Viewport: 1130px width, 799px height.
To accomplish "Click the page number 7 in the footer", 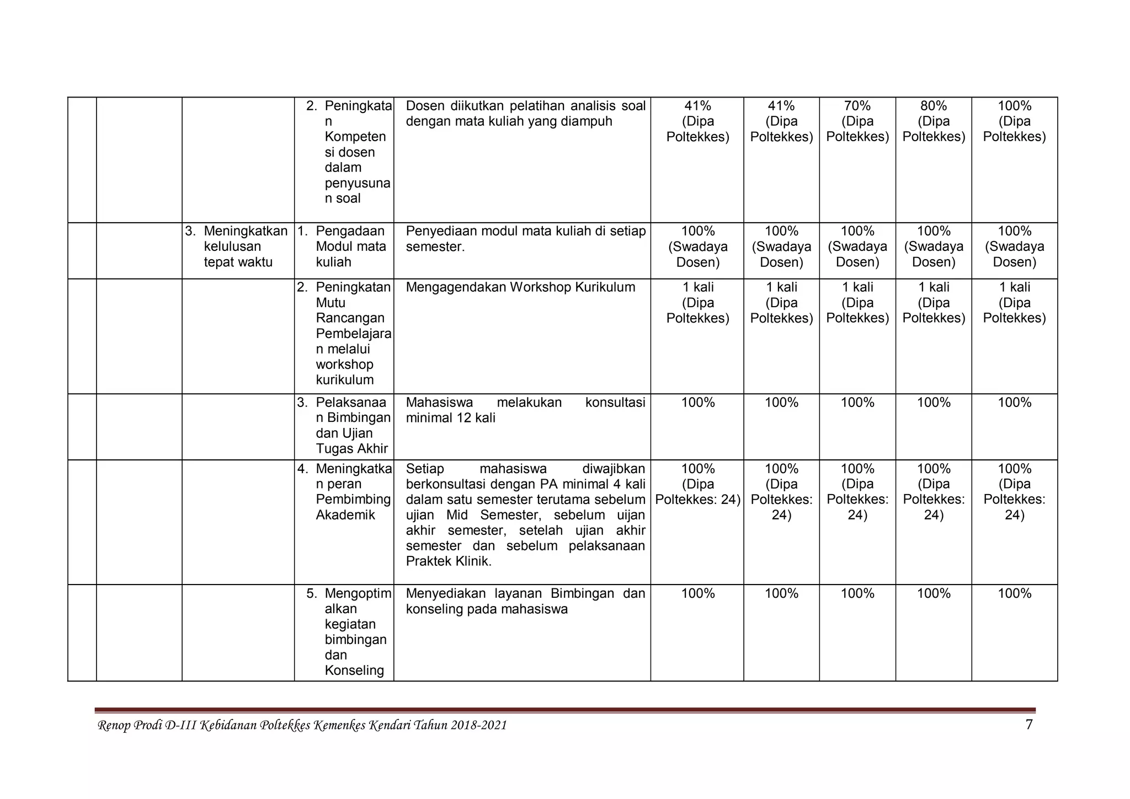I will pos(1028,725).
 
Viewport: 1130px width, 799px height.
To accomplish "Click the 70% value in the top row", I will pos(857,106).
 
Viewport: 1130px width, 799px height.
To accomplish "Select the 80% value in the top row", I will pos(933,106).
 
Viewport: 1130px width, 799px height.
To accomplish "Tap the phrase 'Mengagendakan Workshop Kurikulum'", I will pos(520,287).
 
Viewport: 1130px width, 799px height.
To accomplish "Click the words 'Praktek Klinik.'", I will pos(448,561).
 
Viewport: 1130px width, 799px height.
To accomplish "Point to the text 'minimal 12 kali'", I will pos(450,418).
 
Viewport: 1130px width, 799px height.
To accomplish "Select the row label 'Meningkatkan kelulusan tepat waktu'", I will pos(238,246).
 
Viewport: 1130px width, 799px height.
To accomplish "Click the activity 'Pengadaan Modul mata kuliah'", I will pos(350,246).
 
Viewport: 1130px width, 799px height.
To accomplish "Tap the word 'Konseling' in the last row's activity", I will pos(354,671).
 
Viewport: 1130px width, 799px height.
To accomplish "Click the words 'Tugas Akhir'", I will pos(351,449).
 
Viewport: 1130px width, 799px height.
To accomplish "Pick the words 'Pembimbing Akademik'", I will pos(353,507).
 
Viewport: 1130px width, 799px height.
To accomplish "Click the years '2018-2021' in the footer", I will pos(478,726).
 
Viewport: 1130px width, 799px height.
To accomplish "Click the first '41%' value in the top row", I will pos(697,106).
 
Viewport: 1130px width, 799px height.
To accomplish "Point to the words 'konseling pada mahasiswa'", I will pos(487,609).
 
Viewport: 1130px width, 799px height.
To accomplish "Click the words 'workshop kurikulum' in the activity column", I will pos(344,372).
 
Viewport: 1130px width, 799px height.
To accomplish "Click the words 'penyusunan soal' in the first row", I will pos(356,190).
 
